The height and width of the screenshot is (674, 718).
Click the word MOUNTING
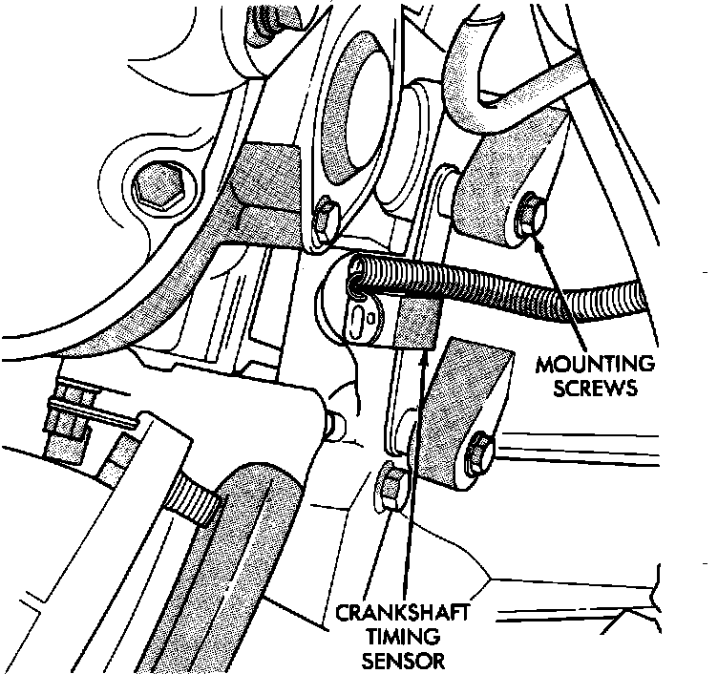pos(596,365)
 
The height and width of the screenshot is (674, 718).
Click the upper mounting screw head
pos(530,208)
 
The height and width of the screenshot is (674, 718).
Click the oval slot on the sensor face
pos(357,315)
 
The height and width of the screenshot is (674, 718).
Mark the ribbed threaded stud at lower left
pos(195,503)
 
